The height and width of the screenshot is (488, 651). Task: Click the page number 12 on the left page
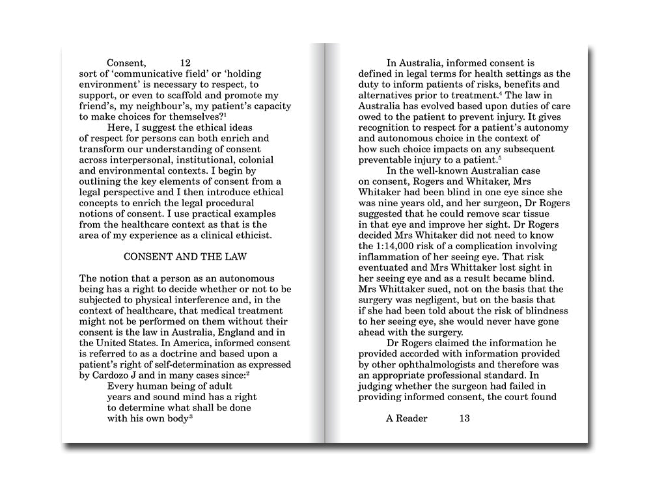[x=185, y=63]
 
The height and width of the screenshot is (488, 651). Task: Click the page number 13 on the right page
[x=464, y=418]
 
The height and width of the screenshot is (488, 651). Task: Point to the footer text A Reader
[x=407, y=418]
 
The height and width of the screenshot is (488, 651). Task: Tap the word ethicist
[x=270, y=235]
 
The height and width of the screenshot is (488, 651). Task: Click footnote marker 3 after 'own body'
[x=191, y=416]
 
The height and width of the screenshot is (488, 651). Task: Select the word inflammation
[x=391, y=257]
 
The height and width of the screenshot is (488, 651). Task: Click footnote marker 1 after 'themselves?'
[x=226, y=115]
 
